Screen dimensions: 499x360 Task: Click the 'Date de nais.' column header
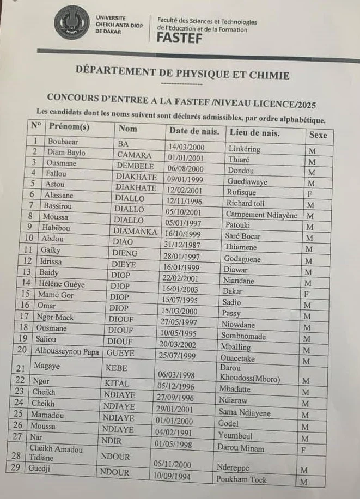pyautogui.click(x=194, y=131)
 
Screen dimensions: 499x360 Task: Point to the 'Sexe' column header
pyautogui.click(x=318, y=134)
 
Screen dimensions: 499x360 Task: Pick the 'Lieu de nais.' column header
pyautogui.click(x=255, y=132)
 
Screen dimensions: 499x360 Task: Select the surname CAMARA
pyautogui.click(x=133, y=154)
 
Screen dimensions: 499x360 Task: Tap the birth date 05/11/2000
pyautogui.click(x=172, y=464)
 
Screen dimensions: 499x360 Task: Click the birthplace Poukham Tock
pyautogui.click(x=241, y=479)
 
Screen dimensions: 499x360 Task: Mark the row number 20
pyautogui.click(x=22, y=350)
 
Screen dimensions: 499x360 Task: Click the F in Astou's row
pyautogui.click(x=311, y=193)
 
